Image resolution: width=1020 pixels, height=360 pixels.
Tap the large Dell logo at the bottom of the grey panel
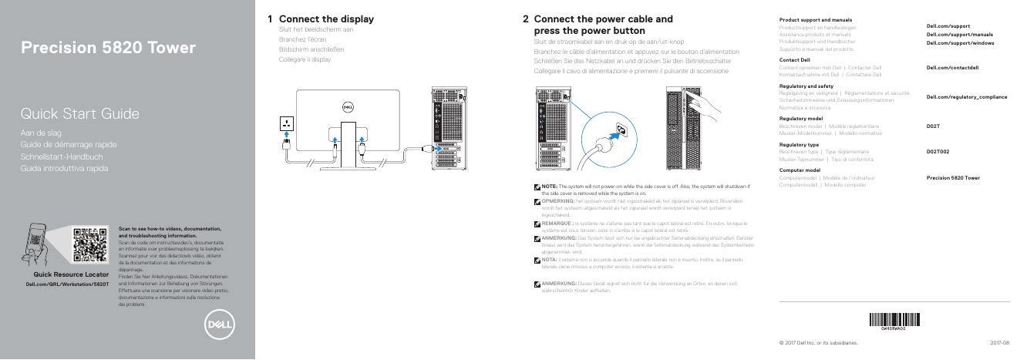pos(219,325)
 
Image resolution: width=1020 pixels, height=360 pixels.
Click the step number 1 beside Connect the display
pos(270,19)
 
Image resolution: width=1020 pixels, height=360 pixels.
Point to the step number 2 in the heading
pos(525,19)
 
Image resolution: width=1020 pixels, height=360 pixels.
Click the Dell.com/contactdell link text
pos(952,68)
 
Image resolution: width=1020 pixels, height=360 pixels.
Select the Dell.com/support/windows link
pos(959,42)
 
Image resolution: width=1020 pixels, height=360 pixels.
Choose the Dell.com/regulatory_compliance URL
pos(966,97)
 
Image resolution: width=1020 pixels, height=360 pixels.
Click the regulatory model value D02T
pos(932,126)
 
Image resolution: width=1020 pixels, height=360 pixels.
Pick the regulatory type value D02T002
pos(938,152)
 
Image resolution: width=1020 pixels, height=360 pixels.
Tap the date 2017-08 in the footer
pos(1000,341)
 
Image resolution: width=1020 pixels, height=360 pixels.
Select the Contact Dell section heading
pos(794,59)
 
